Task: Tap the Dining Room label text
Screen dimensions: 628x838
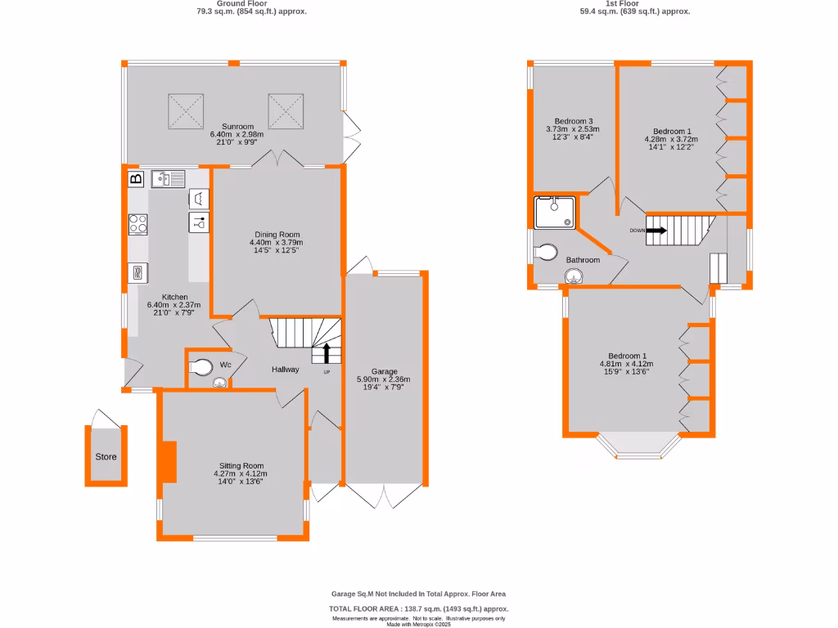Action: pos(276,234)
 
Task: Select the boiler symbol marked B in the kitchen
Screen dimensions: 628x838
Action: pos(136,178)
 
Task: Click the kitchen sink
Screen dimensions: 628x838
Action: pos(169,178)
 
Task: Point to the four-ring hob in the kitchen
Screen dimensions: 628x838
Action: pos(137,224)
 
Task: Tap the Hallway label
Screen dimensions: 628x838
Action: pos(286,370)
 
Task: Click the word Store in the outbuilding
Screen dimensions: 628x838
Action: pos(106,457)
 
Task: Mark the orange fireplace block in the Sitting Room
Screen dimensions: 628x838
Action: pos(169,462)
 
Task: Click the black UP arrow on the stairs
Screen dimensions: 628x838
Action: pos(327,353)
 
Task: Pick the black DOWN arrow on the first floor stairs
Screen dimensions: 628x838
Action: pos(656,231)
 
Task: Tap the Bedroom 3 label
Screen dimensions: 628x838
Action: pos(573,121)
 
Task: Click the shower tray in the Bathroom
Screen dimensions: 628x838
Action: pos(554,213)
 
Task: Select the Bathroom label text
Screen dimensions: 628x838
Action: pos(583,260)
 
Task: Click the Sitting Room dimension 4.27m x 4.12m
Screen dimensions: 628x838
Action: pos(240,473)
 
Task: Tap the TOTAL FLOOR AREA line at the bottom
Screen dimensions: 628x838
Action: pos(418,609)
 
